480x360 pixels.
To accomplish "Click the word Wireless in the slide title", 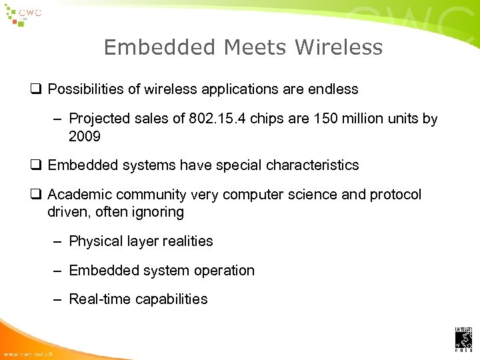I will [339, 47].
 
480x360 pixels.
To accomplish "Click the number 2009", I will [85, 137].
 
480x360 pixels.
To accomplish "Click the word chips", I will [264, 119].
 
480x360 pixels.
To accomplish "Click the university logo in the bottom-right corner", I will [463, 339].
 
